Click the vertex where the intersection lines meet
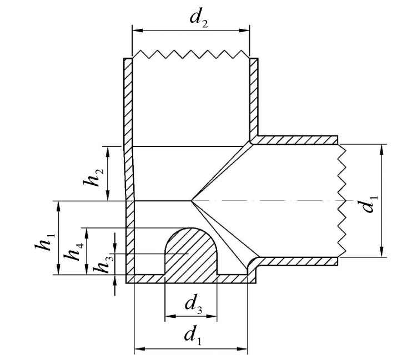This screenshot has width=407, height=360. (191, 200)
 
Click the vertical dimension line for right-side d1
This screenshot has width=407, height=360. (382, 166)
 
